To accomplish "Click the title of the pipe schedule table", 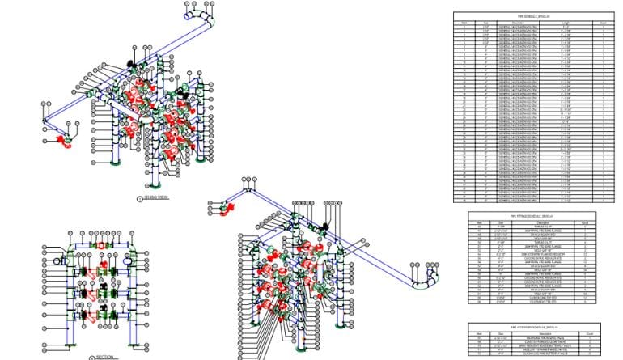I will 534,15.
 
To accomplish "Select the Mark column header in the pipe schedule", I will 464,23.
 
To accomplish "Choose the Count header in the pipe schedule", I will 604,23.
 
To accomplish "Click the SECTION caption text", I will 106,356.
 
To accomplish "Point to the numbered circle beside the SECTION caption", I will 91,356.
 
